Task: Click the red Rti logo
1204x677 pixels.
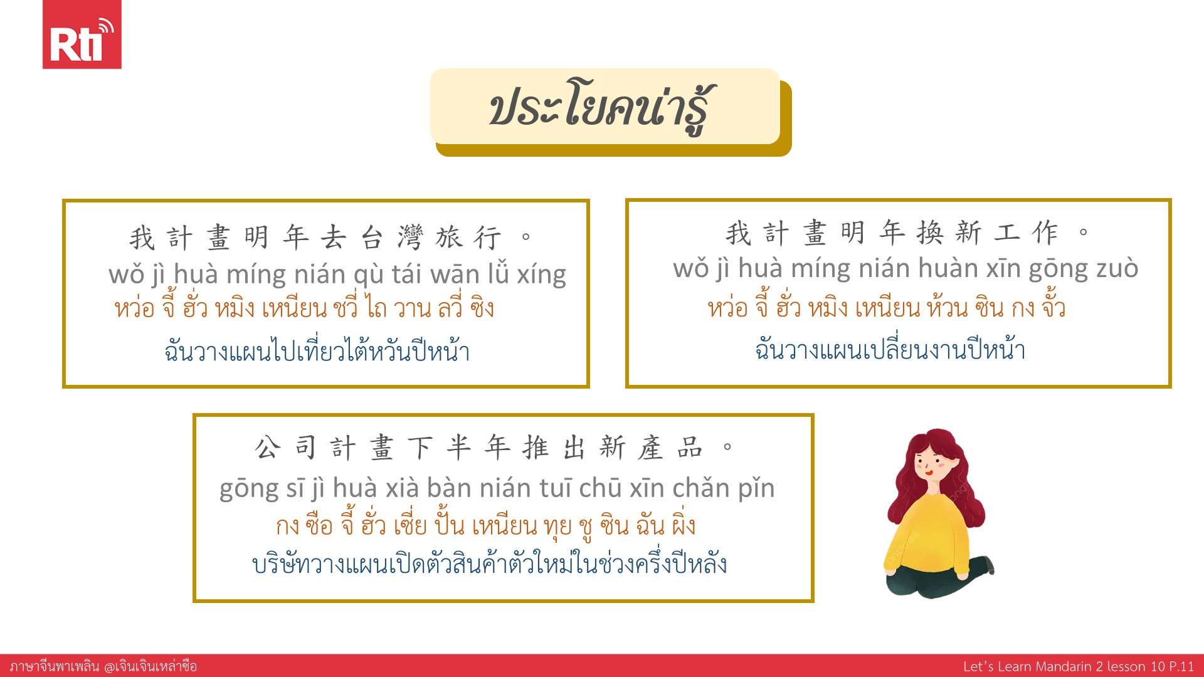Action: (82, 34)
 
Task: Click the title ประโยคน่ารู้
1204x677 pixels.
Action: (601, 107)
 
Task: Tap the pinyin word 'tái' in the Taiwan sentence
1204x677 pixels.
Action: (408, 274)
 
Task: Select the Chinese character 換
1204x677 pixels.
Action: (930, 233)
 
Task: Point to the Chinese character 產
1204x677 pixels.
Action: (651, 448)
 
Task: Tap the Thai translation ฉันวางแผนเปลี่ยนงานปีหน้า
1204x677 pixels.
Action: (890, 349)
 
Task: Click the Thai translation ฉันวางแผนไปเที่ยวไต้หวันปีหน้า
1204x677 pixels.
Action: (317, 349)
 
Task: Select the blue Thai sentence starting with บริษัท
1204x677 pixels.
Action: (489, 563)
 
